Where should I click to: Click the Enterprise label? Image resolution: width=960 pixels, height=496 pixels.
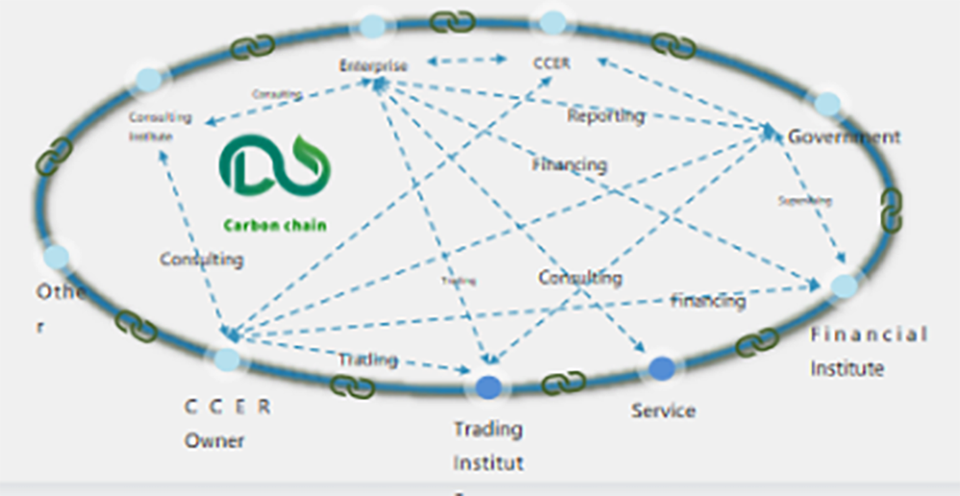[x=373, y=65]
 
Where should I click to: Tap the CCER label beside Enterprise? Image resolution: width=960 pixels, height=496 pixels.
[x=552, y=63]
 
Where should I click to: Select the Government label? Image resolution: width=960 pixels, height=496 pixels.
[x=844, y=136]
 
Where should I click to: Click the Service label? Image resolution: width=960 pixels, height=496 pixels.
[x=663, y=410]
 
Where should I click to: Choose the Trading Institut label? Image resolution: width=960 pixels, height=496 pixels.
[x=489, y=445]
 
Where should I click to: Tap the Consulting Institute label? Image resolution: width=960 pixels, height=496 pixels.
[x=160, y=126]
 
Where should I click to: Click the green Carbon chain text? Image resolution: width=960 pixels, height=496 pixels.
[x=275, y=226]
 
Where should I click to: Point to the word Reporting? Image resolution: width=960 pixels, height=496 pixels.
[x=605, y=116]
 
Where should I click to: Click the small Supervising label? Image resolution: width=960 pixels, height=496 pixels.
[x=804, y=201]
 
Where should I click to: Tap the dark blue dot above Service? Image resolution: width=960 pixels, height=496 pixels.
[x=661, y=368]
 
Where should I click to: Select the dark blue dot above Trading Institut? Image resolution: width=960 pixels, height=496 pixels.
[x=489, y=386]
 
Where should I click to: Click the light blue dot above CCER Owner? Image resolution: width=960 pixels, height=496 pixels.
[x=227, y=360]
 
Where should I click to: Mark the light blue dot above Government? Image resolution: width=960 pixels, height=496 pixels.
[x=827, y=104]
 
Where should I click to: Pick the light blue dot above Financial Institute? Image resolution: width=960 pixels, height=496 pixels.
[x=844, y=285]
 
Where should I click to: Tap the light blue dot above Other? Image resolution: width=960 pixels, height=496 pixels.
[x=56, y=257]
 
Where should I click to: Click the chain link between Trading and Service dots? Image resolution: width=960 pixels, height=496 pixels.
[x=564, y=383]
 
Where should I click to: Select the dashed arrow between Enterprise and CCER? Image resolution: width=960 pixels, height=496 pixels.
[x=467, y=60]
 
